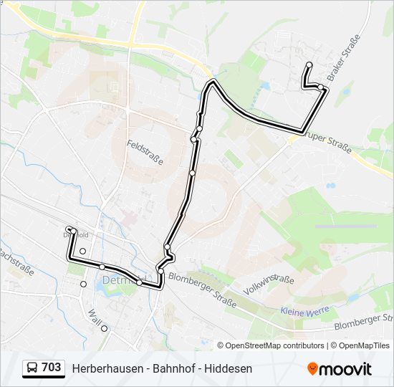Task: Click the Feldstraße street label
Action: [145, 153]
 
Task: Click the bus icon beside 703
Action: [32, 368]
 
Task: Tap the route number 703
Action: [52, 368]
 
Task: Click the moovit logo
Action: [340, 368]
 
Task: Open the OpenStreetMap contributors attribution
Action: [274, 345]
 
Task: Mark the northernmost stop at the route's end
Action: [309, 65]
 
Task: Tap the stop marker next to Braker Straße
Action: [321, 87]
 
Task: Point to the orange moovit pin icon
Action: [312, 368]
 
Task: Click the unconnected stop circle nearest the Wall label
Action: [104, 328]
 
